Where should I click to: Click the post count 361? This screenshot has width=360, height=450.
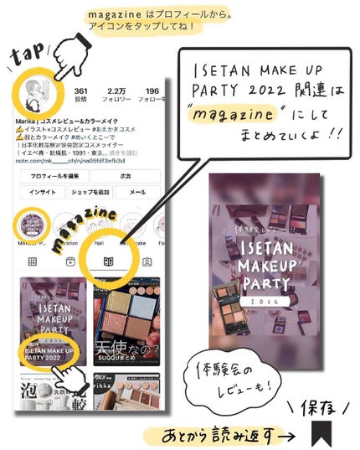point(81,93)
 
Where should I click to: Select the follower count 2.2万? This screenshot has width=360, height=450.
point(118,93)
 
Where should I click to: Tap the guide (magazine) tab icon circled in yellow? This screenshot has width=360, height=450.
point(108,261)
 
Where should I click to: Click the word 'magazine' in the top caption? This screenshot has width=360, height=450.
point(117,14)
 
